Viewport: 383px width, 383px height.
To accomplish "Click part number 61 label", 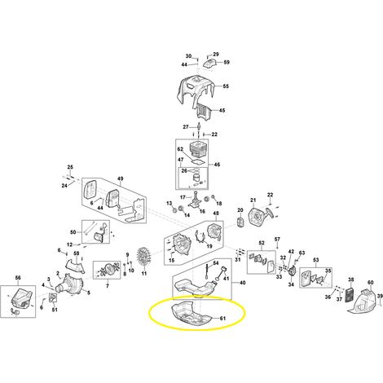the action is click(222, 319).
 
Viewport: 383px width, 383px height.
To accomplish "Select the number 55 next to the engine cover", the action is click(226, 86).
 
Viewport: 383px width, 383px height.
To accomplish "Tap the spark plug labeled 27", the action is click(200, 127).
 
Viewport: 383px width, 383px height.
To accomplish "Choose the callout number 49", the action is click(120, 178).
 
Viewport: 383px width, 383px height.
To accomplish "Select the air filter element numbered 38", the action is click(350, 296).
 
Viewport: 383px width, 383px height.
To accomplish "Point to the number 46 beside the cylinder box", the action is click(217, 165).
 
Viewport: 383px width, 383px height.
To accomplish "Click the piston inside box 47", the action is click(195, 178).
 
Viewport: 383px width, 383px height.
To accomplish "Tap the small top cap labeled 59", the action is click(210, 64).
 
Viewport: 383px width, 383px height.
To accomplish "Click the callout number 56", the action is click(18, 278).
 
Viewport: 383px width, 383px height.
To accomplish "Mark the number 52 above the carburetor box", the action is click(262, 243).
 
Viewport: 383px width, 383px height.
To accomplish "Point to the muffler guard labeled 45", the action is click(205, 112).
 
